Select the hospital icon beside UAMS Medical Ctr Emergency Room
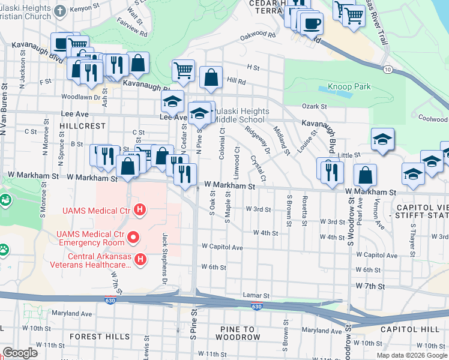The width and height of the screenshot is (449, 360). tap(133, 239)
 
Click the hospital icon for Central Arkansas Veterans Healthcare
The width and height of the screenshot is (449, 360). tap(140, 259)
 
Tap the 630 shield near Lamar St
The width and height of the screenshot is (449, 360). tap(256, 307)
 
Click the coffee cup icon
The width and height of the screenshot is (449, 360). tap(311, 24)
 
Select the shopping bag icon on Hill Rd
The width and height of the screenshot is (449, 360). tap(211, 77)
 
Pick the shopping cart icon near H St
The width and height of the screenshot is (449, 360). tap(184, 70)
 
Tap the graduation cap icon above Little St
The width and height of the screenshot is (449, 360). tap(382, 140)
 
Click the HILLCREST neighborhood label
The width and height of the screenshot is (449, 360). tap(83, 127)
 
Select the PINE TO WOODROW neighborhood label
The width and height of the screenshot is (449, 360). tap(238, 334)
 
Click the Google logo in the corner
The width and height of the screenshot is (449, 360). tap(20, 353)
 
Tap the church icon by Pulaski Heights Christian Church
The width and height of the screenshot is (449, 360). tap(60, 11)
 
